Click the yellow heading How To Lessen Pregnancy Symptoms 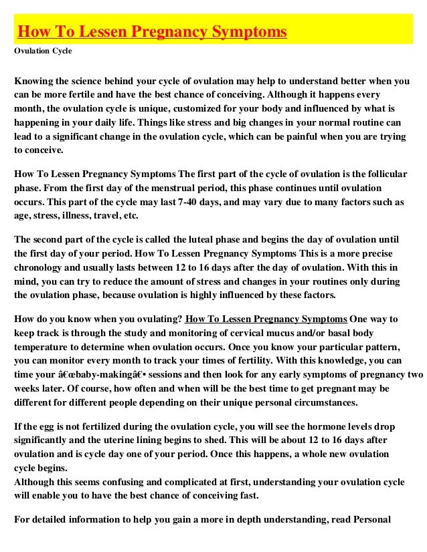point(152,32)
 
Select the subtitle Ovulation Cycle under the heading point(43,51)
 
